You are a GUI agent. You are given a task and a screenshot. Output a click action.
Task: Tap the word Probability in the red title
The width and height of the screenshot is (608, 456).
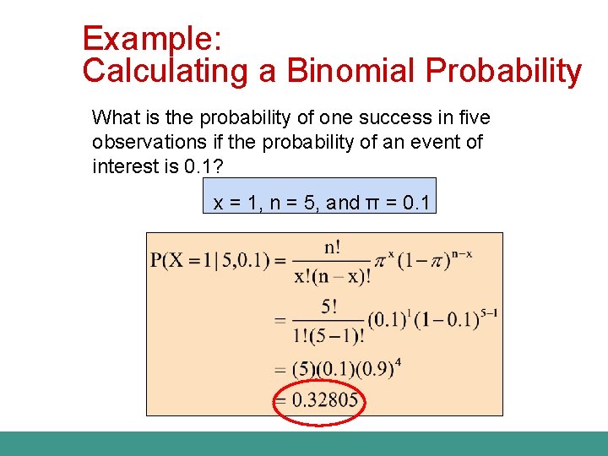(x=504, y=72)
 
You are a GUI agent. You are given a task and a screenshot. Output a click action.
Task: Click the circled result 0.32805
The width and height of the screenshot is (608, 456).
(x=324, y=399)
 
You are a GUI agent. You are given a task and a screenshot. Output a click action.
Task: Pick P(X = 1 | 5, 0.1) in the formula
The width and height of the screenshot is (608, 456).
(x=215, y=261)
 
